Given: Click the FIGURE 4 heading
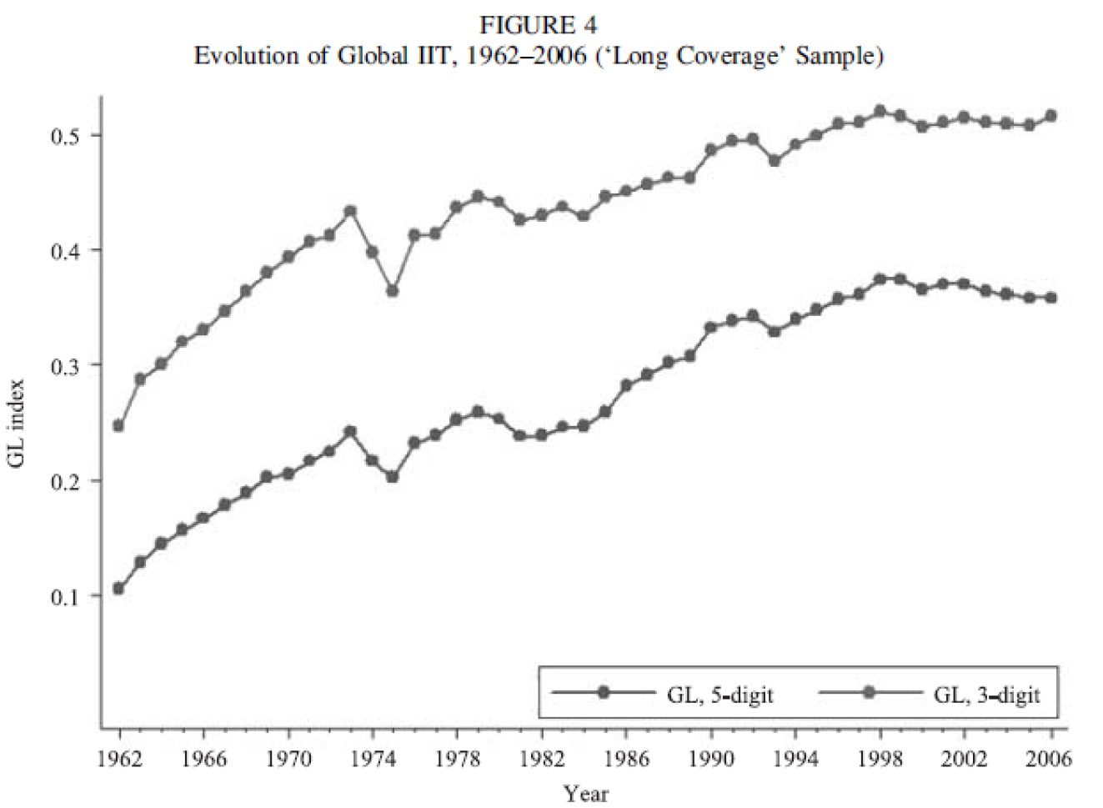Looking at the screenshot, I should pyautogui.click(x=538, y=25).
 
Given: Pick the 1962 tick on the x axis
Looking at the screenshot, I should pyautogui.click(x=119, y=758).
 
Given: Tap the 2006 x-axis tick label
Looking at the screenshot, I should pyautogui.click(x=1050, y=758).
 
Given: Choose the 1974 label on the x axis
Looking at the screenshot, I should pyautogui.click(x=373, y=758).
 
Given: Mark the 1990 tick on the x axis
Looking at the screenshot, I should pyautogui.click(x=711, y=758).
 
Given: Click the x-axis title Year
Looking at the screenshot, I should pyautogui.click(x=585, y=793).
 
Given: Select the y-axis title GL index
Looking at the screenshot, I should pyautogui.click(x=18, y=423).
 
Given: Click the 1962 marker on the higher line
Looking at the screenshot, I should pyautogui.click(x=118, y=426).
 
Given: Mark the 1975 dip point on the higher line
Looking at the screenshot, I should pyautogui.click(x=393, y=291).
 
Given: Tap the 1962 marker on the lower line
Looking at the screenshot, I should pyautogui.click(x=118, y=589).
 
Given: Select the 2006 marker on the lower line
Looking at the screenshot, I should pyautogui.click(x=1051, y=298).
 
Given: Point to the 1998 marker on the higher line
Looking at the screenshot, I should pyautogui.click(x=880, y=111).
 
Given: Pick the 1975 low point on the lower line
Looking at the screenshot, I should pyautogui.click(x=393, y=477).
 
